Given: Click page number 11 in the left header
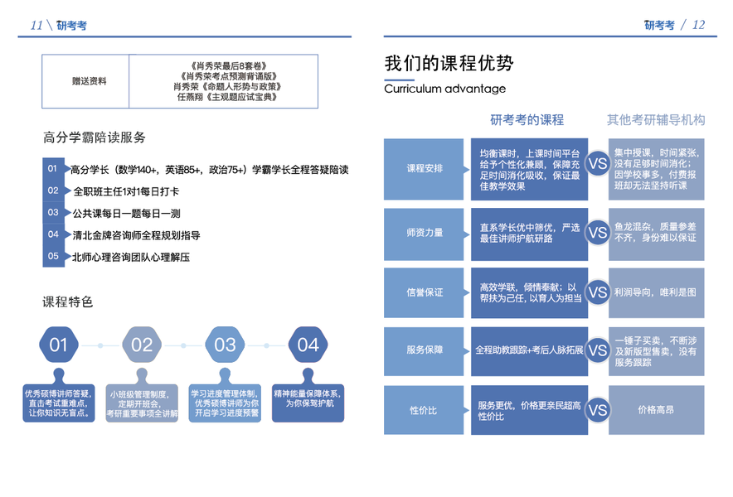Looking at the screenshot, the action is coord(36,25).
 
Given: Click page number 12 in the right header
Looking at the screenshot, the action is coord(698,25).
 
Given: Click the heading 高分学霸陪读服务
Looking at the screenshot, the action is coord(95,138).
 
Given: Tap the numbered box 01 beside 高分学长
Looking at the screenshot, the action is coord(53,169).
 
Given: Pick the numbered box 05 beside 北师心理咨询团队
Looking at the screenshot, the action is coord(53,257).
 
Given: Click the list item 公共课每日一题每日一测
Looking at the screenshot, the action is coord(126,213).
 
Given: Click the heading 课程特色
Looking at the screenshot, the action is coord(68,302).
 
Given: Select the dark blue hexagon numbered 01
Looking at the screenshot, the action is coord(58,345).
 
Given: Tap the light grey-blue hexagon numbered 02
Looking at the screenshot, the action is coord(142,345).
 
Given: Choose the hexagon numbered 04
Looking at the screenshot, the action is coord(308,345).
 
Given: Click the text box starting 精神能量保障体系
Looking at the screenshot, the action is coord(308,398).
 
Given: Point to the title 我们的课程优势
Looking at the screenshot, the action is coord(449,64).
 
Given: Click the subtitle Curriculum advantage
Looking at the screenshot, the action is coord(444,89).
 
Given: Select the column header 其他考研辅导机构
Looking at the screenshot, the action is coord(656,119).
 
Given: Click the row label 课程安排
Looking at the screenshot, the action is coord(424,169).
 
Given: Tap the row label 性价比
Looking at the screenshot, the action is coord(424,410).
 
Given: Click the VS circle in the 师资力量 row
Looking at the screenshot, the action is coord(597,233).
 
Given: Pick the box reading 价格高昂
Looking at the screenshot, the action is coord(656,410).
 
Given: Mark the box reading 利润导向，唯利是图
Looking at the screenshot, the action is coord(656,292).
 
